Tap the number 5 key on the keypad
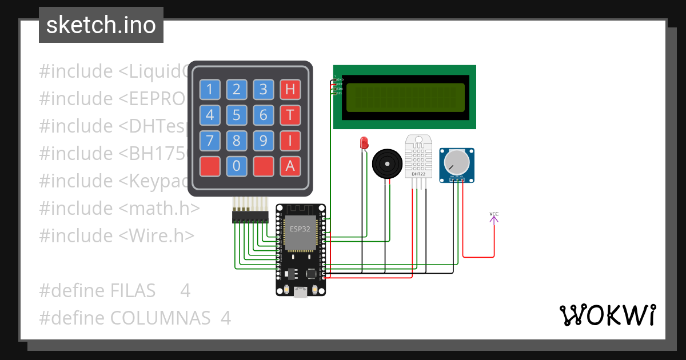click(x=237, y=115)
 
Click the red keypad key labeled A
click(x=290, y=166)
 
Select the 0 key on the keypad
click(x=237, y=166)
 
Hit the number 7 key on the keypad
click(x=210, y=141)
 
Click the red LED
click(x=363, y=143)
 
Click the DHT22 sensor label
click(x=418, y=174)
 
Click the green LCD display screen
click(x=405, y=97)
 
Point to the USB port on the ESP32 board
click(x=300, y=292)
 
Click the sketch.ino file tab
click(x=101, y=25)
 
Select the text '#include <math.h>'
click(x=119, y=208)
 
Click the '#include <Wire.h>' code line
click(x=117, y=235)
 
